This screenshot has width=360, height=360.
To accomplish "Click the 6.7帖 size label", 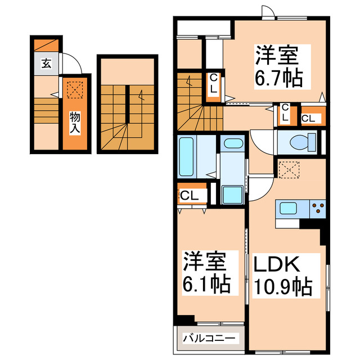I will pyautogui.click(x=278, y=78).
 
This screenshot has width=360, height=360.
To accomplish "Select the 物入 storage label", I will pyautogui.click(x=74, y=123).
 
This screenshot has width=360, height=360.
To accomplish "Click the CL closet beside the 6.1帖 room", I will pyautogui.click(x=190, y=196).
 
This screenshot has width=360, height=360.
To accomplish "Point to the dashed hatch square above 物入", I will pyautogui.click(x=74, y=89).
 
